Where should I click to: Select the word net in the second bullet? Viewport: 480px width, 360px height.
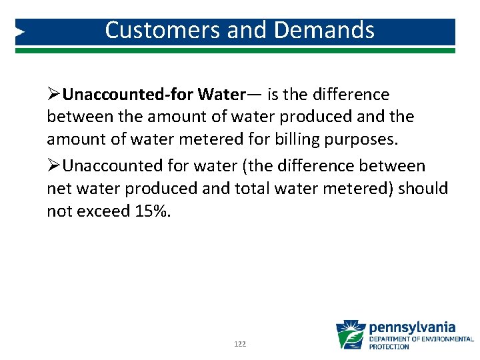(x=57, y=189)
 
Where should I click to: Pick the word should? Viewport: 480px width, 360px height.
(x=423, y=189)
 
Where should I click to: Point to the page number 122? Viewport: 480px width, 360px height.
(x=240, y=344)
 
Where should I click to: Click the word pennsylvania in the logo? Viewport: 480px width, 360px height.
(x=413, y=327)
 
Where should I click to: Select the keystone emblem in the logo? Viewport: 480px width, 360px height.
(x=351, y=335)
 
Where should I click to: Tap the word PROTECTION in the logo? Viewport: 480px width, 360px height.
(x=389, y=347)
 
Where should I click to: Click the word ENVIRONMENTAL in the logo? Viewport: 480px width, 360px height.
(x=446, y=339)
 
